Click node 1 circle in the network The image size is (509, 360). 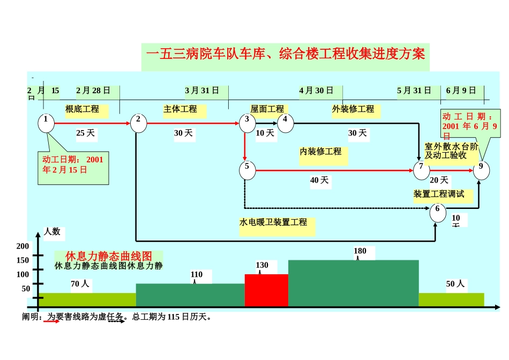[47, 123]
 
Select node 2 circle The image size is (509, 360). [138, 123]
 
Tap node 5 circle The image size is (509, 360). [247, 170]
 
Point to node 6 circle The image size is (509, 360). [438, 212]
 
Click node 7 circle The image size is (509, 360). [421, 170]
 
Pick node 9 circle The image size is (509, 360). [481, 170]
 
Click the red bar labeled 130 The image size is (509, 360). [266, 290]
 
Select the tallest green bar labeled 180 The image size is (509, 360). [353, 283]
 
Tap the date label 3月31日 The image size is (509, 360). [202, 91]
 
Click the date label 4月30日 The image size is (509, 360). [316, 91]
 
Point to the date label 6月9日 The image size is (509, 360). [461, 91]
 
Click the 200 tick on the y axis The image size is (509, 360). [23, 246]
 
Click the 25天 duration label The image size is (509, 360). [85, 133]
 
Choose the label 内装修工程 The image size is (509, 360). [320, 152]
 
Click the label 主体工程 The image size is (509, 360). [180, 109]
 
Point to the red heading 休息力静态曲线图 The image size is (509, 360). [109, 256]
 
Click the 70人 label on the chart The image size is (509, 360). [80, 284]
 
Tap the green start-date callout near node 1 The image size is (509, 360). [73, 165]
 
